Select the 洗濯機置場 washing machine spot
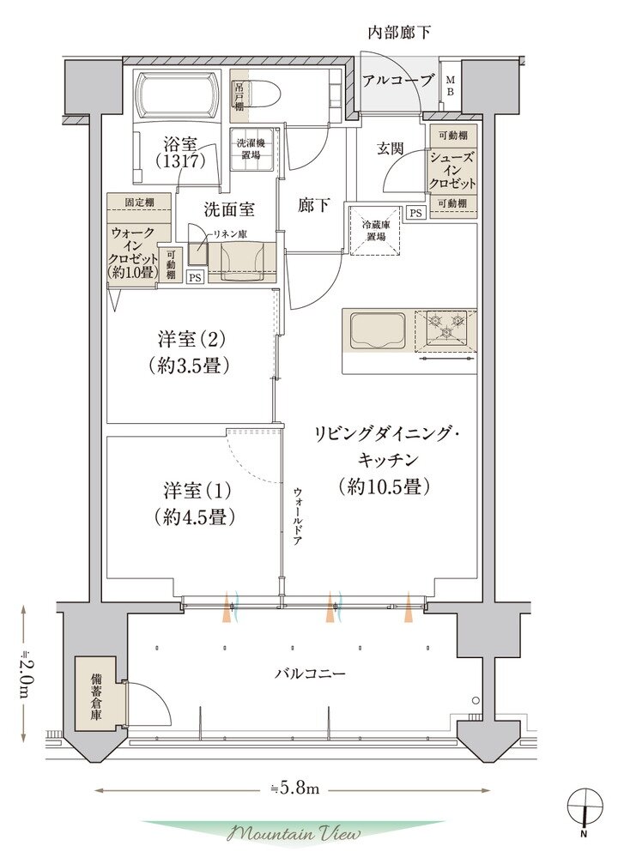(x=251, y=149)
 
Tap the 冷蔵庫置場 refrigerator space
(x=374, y=230)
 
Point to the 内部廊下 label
(x=399, y=33)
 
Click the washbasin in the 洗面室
(x=240, y=257)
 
